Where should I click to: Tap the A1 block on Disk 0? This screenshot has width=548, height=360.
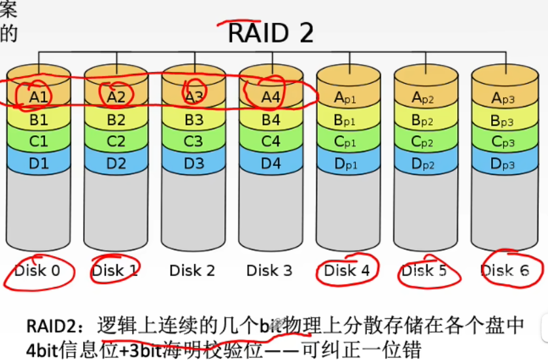39,97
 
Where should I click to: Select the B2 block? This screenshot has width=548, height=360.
116,120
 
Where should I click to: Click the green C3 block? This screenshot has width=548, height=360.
194,141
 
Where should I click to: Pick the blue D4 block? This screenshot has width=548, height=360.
271,163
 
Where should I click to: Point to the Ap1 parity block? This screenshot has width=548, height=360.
347,97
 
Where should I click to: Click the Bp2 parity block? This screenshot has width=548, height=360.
424,120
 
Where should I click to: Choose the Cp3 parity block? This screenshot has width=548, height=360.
502,142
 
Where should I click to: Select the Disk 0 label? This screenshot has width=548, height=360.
37,270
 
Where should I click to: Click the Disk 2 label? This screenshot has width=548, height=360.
192,270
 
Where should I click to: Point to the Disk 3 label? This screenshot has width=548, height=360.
269,270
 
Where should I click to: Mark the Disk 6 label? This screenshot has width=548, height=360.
504,270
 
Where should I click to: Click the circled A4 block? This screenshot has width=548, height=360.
271,97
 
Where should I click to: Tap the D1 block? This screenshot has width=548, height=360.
39,163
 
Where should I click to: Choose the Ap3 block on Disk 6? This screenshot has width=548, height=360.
502,97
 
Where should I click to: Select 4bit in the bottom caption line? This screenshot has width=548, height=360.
43,347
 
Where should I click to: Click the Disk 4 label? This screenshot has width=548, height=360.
347,270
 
